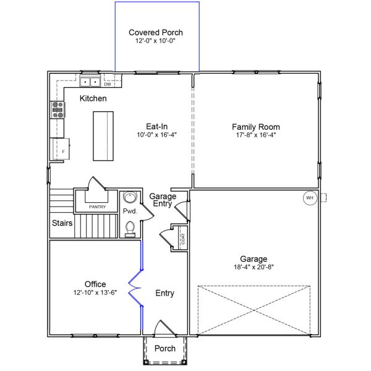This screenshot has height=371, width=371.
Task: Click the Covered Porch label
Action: pos(156,32)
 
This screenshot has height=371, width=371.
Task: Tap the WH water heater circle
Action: pos(309,198)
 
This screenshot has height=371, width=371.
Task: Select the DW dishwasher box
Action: pos(107,84)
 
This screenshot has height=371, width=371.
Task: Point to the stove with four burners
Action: pos(57,109)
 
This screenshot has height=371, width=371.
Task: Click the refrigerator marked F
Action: pos(62,150)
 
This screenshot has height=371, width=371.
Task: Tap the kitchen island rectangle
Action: pos(104,135)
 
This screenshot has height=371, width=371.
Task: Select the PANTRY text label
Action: pos(98,207)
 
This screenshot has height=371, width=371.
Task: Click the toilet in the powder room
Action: pos(130,229)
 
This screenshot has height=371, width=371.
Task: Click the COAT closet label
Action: pos(183,239)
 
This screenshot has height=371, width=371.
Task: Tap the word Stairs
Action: pos(62,223)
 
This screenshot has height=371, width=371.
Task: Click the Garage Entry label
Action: pos(163,200)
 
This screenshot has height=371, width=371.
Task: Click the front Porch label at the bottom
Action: pos(164,349)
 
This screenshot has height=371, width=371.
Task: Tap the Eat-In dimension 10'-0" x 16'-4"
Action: pos(157,135)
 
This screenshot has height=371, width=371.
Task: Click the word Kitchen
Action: pos(93,98)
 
